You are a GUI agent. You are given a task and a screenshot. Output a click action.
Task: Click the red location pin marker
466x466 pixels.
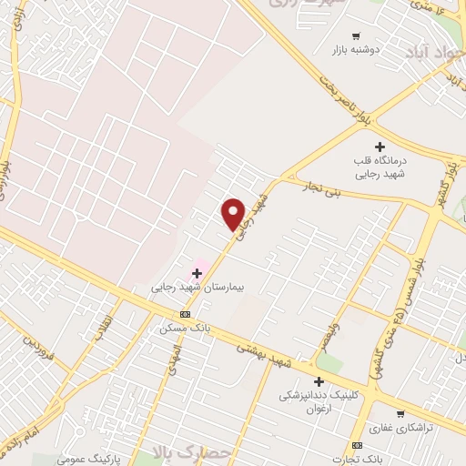[x=234, y=214]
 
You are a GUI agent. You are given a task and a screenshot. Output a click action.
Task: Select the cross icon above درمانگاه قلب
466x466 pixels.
[x=380, y=146]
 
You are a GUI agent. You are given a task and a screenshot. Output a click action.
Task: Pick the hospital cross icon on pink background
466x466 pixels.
[x=197, y=272]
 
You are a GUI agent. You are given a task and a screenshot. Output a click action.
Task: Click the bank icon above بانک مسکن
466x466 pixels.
[x=186, y=314]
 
